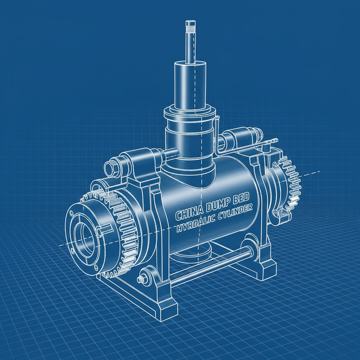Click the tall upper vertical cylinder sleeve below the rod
coord(190,84)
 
